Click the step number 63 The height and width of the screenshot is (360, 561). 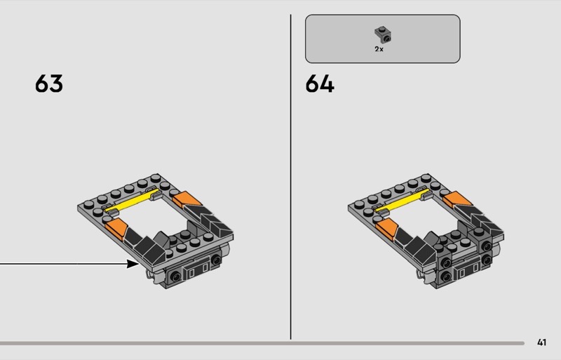pos(49,84)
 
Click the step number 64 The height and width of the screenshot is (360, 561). pos(320,84)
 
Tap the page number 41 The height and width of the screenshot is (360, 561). pos(541,342)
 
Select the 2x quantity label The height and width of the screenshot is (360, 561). pos(379,49)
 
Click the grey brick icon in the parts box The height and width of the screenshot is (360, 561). pos(383,35)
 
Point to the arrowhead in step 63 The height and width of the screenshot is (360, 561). pos(133,264)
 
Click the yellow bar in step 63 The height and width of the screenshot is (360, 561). pos(131,201)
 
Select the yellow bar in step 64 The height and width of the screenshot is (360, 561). pos(401,201)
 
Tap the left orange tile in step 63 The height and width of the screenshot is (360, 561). pos(116,229)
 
